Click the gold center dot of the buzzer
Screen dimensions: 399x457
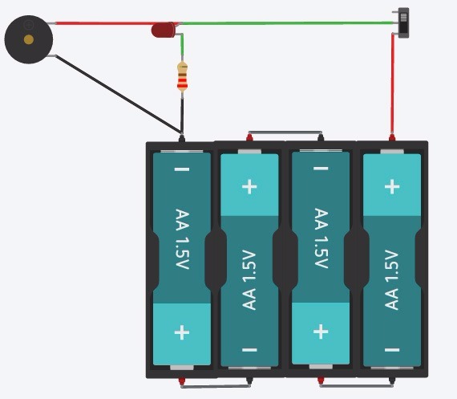point(29,39)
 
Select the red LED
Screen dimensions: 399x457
point(164,31)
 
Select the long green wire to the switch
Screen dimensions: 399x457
point(289,22)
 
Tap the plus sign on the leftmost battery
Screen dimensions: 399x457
point(182,332)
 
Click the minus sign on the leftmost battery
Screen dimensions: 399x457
point(182,169)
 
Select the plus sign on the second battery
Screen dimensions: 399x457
point(249,186)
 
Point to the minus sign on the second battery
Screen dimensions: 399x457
point(249,350)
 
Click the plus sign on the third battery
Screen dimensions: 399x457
point(321,332)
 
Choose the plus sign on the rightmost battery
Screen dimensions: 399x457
point(392,186)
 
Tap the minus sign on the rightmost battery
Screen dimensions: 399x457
point(392,350)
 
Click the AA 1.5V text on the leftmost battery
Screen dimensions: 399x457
point(182,239)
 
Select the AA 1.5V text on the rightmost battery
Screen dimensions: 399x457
point(392,279)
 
